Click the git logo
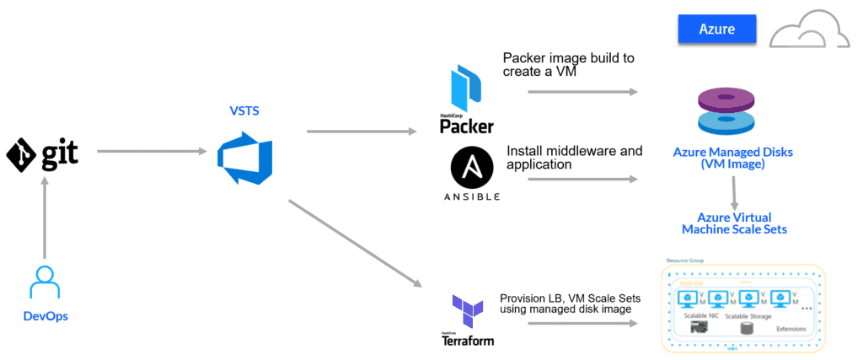[42, 153]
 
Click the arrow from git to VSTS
[153, 152]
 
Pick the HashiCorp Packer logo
[466, 100]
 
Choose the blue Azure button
[716, 30]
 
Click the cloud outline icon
[807, 31]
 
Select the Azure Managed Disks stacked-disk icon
[732, 113]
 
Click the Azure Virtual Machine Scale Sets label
[734, 223]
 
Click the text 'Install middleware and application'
[573, 158]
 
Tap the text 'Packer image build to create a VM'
[569, 66]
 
